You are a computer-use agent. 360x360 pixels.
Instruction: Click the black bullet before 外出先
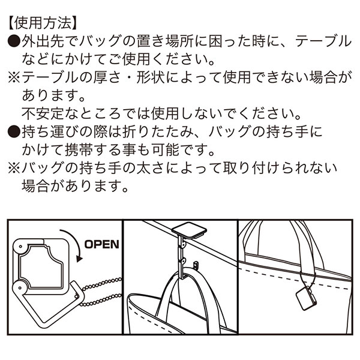pos(14,41)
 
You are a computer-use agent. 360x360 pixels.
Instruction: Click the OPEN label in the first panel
pos(101,244)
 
